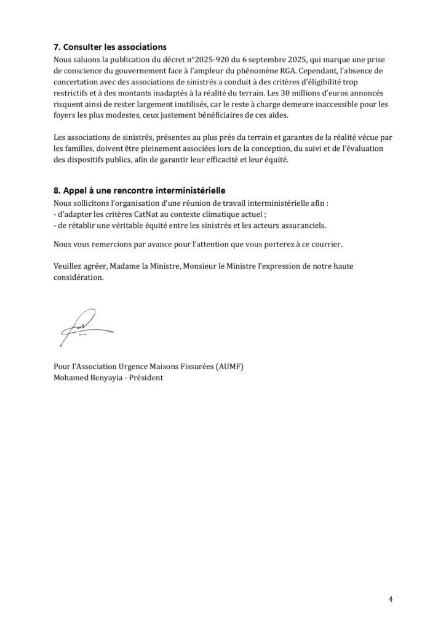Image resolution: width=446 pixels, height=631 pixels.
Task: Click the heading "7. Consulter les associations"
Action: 110,47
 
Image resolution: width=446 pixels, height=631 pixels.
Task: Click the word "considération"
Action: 79,277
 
